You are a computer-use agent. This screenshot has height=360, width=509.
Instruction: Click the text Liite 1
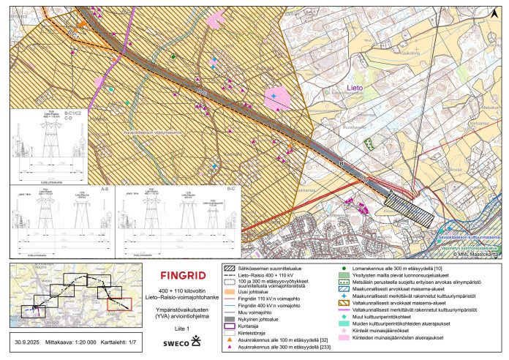(173, 328)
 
